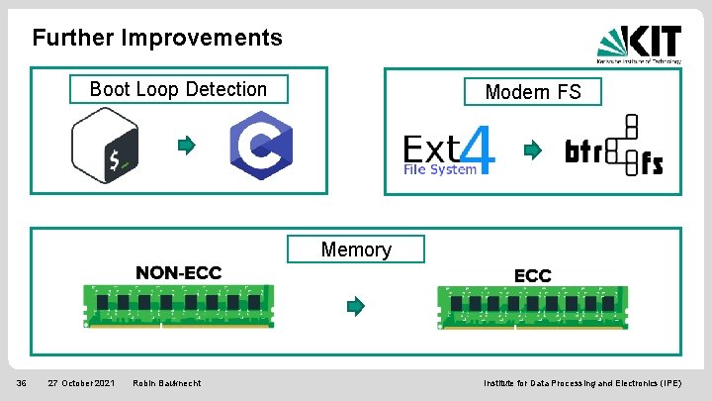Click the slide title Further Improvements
click(157, 39)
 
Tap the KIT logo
click(639, 42)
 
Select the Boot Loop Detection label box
click(179, 89)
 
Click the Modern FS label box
click(533, 92)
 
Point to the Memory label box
click(356, 250)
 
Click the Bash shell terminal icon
click(104, 147)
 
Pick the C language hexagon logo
click(260, 147)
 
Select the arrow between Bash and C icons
click(185, 147)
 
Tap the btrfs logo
click(614, 149)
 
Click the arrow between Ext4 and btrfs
click(532, 150)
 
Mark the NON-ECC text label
click(179, 272)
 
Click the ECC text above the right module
click(532, 275)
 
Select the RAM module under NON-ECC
click(179, 306)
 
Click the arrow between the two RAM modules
click(355, 306)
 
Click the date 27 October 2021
click(81, 383)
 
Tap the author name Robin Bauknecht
click(166, 383)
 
